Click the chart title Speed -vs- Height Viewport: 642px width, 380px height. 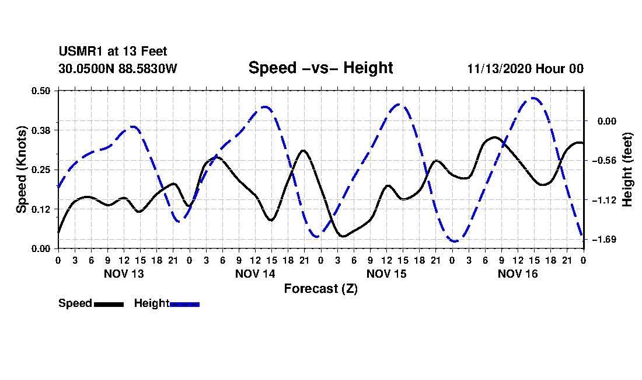320,68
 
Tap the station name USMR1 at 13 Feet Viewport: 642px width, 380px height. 113,51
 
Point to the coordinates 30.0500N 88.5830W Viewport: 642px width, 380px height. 118,68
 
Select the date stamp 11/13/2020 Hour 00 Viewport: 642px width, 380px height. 525,68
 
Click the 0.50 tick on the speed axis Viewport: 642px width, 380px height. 41,91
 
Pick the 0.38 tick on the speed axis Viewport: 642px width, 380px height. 41,130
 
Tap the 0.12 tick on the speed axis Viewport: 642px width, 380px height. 41,209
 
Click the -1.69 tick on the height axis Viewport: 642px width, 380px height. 604,239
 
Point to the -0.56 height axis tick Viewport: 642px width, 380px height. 604,160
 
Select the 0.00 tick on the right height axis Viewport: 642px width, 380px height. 607,121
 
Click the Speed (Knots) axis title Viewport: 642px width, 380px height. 22,170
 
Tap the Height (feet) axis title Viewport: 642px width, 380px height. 627,170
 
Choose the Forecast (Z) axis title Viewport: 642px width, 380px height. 321,289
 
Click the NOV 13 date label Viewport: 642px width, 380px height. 124,274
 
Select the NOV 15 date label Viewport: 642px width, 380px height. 386,274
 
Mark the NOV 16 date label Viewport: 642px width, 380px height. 518,274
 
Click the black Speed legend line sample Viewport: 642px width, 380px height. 109,305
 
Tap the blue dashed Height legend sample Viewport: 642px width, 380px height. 184,305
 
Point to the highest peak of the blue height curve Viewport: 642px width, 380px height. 533,98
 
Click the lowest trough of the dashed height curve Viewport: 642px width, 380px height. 455,241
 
